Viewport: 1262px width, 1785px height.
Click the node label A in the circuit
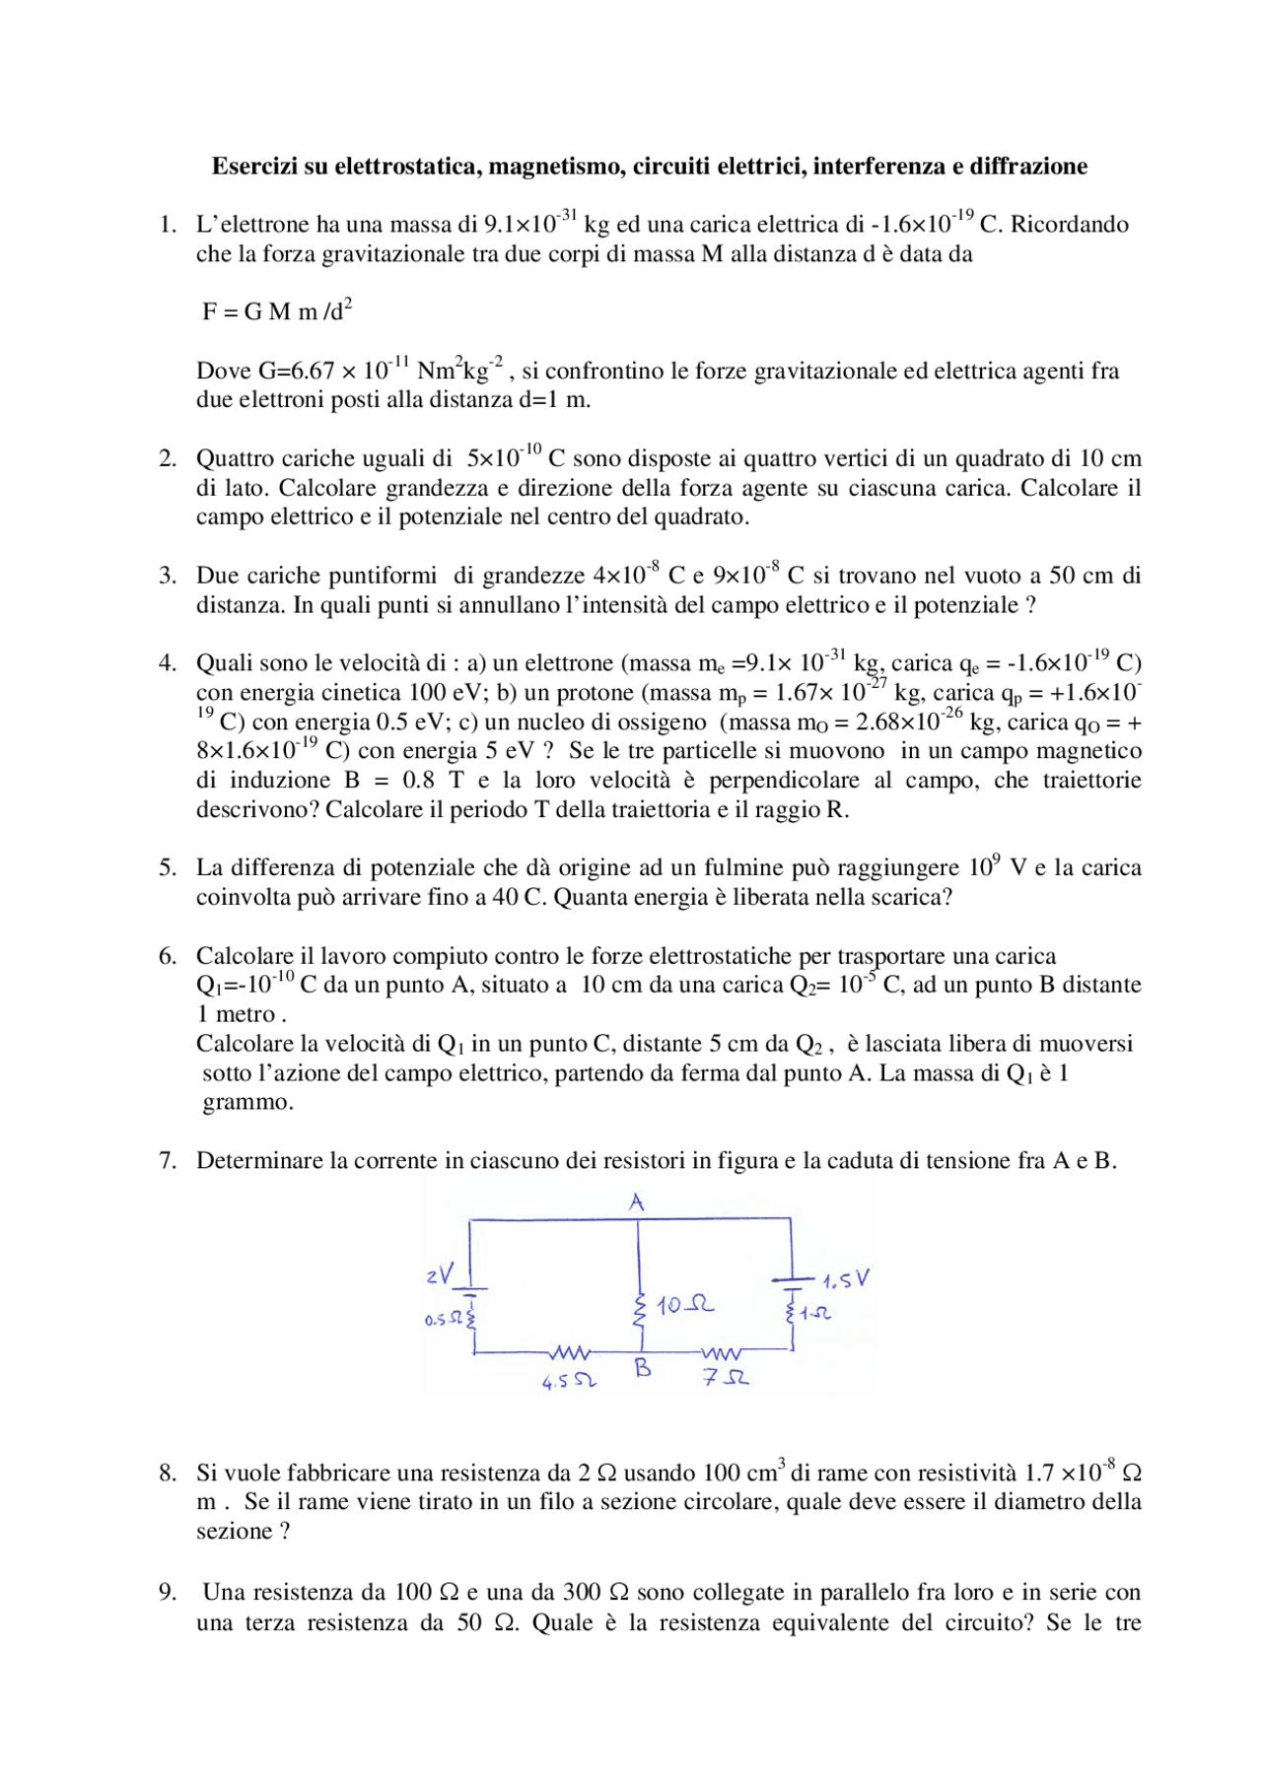pos(637,1202)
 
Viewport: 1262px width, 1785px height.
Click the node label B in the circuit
pos(643,1369)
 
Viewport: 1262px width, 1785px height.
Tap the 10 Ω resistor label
pos(685,1305)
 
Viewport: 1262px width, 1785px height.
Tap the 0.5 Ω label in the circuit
pos(443,1320)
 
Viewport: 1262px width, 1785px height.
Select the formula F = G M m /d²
pos(277,311)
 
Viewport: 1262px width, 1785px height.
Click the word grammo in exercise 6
pos(247,1103)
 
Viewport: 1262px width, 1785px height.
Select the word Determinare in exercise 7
pos(258,1161)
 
